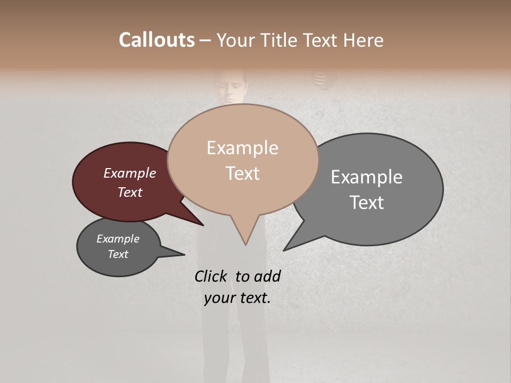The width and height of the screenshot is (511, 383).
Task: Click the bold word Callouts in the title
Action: [x=156, y=40]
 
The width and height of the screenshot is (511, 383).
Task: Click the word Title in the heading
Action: [x=280, y=40]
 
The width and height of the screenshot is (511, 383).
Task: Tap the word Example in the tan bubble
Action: [x=242, y=148]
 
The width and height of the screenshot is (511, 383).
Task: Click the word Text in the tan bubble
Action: [x=242, y=173]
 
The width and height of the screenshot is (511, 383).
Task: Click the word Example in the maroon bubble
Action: [x=130, y=173]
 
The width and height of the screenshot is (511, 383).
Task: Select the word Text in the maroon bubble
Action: [x=130, y=192]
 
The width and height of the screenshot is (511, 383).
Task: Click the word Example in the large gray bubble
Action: [x=367, y=177]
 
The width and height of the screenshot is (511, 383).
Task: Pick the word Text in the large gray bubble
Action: [x=367, y=203]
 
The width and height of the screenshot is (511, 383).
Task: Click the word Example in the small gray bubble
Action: [x=118, y=239]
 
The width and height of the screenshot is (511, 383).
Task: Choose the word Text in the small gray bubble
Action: [x=118, y=254]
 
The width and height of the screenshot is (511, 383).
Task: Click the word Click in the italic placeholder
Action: [x=211, y=276]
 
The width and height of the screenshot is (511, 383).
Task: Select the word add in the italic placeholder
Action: [x=267, y=276]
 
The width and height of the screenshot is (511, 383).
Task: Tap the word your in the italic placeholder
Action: [x=219, y=298]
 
